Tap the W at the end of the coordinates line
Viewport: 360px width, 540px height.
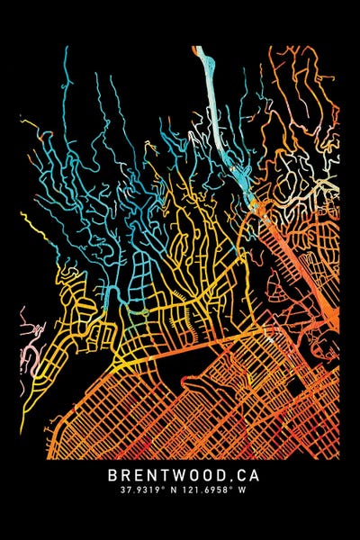238,491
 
